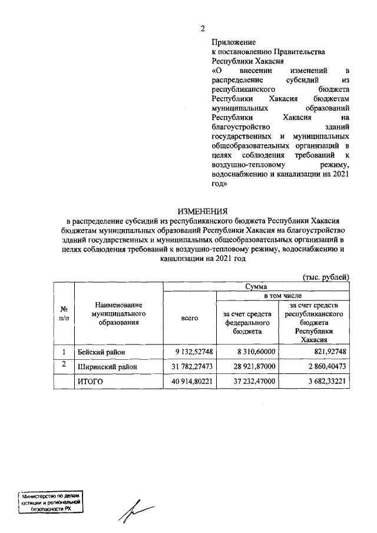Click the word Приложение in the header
click(233, 42)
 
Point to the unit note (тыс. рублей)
click(326, 276)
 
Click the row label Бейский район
click(101, 352)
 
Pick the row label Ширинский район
click(106, 367)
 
